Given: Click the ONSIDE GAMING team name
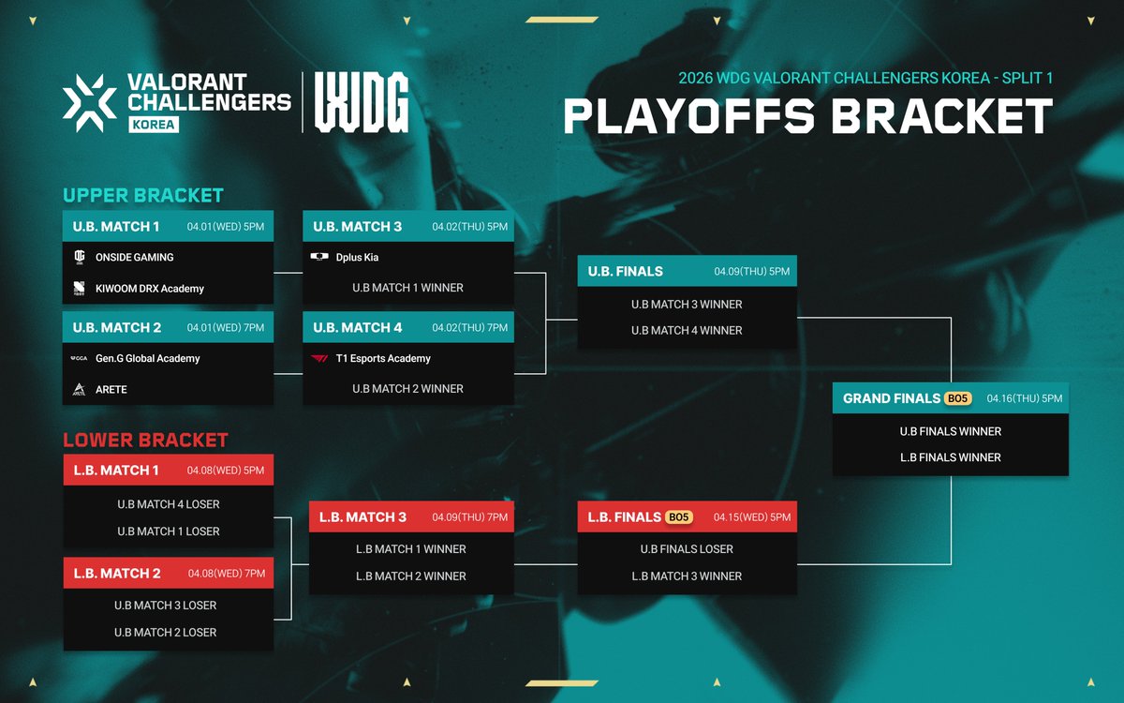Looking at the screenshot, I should coord(134,257).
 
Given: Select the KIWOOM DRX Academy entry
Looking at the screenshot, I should coord(150,289).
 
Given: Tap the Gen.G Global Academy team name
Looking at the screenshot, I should coord(147,358).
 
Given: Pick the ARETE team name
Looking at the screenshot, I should coord(111,389).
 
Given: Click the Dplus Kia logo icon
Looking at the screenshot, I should coord(318,257).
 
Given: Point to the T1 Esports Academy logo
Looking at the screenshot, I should coord(318,358).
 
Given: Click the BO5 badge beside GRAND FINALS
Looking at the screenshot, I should coord(958,398).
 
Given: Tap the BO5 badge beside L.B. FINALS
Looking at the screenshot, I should coord(679,517).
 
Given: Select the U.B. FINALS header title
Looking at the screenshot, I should coord(626,272).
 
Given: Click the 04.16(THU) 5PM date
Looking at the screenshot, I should coord(1025,398).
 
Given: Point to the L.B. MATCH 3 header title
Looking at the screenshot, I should coord(362,517).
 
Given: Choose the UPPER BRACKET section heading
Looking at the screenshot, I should coord(142,196).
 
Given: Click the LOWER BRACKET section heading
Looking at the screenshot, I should coord(145,441).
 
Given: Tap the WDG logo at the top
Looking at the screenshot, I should coord(362,101).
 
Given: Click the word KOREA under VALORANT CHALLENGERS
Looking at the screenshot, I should coord(154,124).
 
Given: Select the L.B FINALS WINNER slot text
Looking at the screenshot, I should coord(951,457).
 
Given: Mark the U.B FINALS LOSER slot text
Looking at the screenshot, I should coord(687,549).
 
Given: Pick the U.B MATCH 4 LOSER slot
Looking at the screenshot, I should coord(169,504).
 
